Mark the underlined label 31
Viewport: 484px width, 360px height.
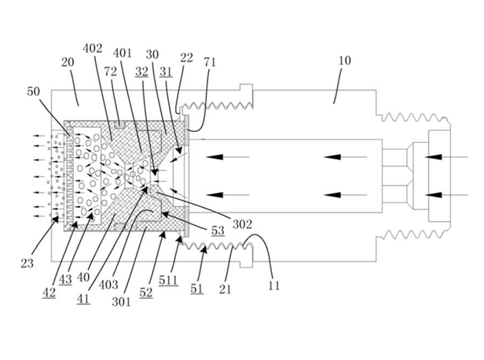[x=167, y=70]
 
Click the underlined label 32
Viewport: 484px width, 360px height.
[x=141, y=70]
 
